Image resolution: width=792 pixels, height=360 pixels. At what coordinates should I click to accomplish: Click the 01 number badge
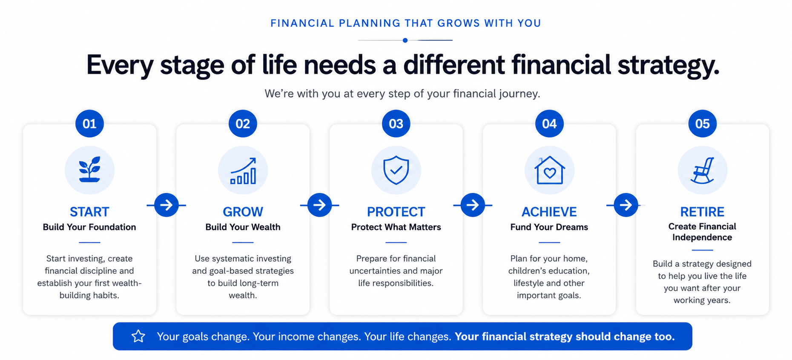(89, 124)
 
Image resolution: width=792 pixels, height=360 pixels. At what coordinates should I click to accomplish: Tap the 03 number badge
(396, 124)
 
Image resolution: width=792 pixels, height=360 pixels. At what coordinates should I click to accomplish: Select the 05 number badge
(703, 124)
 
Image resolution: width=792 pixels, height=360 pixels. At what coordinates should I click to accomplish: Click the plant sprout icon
(89, 170)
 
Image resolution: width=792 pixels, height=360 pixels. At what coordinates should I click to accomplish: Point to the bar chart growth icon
(243, 171)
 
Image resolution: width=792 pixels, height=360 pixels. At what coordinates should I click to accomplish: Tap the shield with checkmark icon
(396, 170)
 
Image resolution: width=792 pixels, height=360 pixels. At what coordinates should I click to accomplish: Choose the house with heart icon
(550, 170)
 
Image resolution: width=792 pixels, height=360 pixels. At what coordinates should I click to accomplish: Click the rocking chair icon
(703, 170)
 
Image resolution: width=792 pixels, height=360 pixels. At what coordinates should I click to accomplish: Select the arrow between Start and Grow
(166, 205)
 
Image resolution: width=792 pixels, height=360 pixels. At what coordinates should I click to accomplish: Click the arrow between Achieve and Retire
(626, 205)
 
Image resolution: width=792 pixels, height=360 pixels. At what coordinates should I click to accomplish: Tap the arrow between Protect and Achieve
(473, 205)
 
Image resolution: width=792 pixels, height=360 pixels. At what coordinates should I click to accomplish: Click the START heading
(89, 212)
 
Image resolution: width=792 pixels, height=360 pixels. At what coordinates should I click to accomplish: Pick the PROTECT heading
(396, 212)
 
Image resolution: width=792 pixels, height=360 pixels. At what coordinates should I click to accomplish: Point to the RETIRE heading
(702, 212)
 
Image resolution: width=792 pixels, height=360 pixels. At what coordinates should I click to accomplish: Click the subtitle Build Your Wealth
(243, 227)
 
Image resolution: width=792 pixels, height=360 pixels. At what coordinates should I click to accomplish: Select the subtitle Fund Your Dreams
(549, 227)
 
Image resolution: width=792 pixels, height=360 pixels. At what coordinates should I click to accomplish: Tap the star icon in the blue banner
(138, 336)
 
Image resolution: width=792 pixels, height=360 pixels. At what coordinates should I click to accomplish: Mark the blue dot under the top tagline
(405, 40)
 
